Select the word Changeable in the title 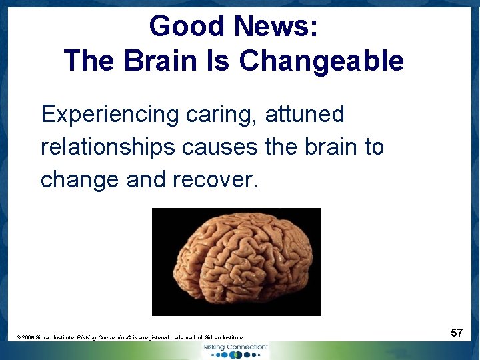point(321,61)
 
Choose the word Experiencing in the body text point(109,115)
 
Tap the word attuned point(305,115)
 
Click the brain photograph point(236,261)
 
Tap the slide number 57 point(457,332)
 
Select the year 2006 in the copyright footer point(28,338)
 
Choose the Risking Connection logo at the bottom point(235,350)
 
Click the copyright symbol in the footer point(18,338)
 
